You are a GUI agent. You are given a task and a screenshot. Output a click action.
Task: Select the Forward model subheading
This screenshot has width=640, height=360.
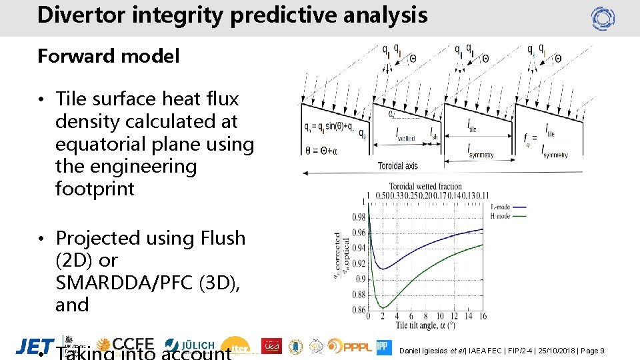(x=108, y=57)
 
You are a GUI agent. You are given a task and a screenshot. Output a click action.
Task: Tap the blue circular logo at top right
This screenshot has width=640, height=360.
(x=603, y=19)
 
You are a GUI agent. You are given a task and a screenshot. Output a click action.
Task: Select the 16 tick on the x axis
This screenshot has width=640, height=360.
(x=482, y=316)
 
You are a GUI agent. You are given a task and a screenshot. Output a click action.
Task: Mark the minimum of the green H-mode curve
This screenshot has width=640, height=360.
(x=383, y=307)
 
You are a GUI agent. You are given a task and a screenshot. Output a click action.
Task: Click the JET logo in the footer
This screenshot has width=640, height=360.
(x=35, y=346)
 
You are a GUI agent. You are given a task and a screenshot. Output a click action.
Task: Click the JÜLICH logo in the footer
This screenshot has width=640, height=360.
(x=190, y=345)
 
